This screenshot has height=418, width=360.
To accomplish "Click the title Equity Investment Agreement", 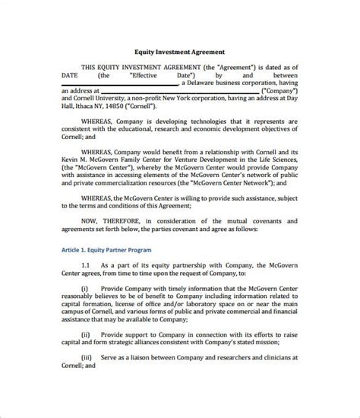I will (x=179, y=54).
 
